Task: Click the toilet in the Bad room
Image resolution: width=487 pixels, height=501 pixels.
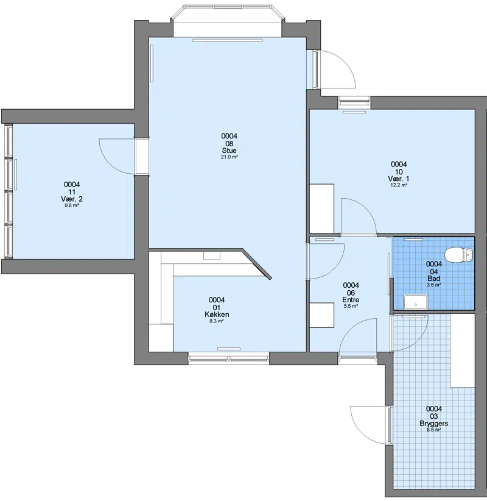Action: point(458,255)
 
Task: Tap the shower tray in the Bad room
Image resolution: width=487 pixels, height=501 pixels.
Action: point(416,302)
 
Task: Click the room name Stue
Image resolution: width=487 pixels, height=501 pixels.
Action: point(229,151)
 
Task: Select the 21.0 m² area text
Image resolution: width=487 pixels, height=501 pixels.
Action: point(229,157)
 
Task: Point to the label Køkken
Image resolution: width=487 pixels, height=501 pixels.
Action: point(217,314)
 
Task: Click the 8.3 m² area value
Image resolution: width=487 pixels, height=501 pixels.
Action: point(216,321)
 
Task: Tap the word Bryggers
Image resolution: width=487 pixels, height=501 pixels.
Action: point(433,424)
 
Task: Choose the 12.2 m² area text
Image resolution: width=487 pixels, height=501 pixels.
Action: point(399,185)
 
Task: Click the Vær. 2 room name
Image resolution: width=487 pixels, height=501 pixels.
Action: point(72,199)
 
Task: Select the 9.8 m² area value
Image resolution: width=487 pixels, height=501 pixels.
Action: point(72,205)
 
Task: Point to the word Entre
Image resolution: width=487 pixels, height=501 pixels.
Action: point(351,300)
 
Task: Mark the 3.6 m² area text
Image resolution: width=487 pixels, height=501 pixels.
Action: point(434,285)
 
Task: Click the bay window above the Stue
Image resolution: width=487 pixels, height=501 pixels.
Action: point(227,13)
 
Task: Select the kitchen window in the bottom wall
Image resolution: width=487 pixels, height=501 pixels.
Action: point(228,358)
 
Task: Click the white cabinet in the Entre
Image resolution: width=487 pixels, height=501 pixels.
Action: point(322,315)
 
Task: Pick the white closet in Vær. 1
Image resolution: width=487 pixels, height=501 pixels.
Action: point(321,208)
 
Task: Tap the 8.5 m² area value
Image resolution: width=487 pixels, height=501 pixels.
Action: point(433,430)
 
